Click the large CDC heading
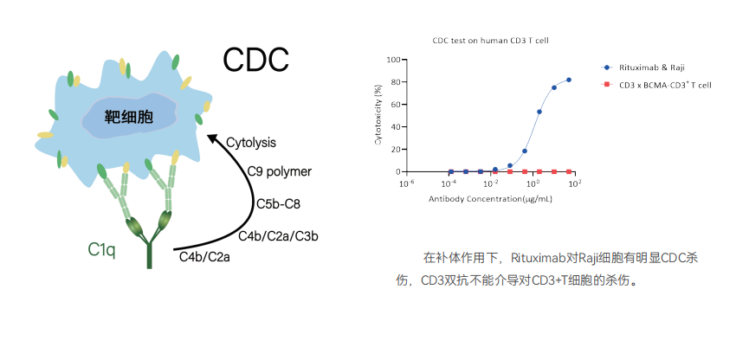click(x=255, y=60)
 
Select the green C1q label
click(x=102, y=250)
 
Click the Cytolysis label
click(x=251, y=142)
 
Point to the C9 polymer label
click(x=280, y=172)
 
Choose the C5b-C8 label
click(x=278, y=204)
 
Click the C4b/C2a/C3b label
click(x=278, y=236)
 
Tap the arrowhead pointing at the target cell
click(x=214, y=138)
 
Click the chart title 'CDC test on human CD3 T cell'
click(x=490, y=41)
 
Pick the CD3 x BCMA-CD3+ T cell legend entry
click(x=656, y=85)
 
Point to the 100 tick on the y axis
click(x=394, y=60)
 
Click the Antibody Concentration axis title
click(x=490, y=199)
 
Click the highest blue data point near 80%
click(x=569, y=80)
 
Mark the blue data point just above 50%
click(x=539, y=112)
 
